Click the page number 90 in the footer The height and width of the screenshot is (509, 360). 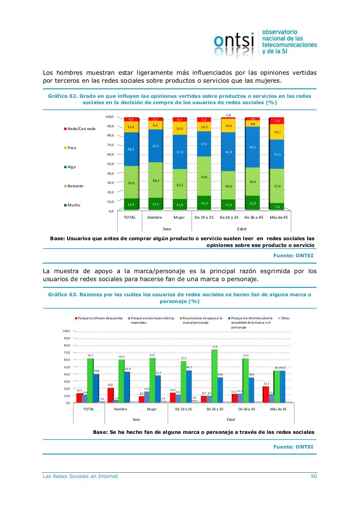(314, 476)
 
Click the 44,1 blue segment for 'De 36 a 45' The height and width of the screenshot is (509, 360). (253, 147)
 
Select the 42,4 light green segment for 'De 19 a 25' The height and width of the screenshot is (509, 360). (204, 176)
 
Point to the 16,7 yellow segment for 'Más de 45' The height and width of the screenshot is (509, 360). (277, 132)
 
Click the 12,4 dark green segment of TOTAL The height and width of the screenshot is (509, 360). (131, 204)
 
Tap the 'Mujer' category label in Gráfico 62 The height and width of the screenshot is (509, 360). (179, 218)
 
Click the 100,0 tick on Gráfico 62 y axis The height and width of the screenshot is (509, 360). (109, 117)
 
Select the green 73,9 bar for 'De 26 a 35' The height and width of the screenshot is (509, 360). (215, 376)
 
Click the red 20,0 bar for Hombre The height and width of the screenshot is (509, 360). (110, 395)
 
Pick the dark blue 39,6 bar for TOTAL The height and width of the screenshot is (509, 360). (96, 388)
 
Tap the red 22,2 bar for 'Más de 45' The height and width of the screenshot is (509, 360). (265, 394)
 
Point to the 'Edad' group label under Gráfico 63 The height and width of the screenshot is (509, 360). (230, 419)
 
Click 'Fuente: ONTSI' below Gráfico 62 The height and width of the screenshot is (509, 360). (293, 255)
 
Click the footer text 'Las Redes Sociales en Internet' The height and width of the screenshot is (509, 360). (80, 476)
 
